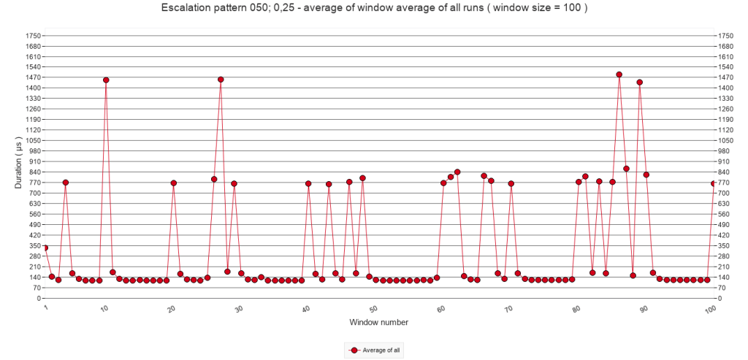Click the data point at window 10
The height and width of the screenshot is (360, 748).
click(106, 80)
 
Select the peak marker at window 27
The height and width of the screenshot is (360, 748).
click(221, 80)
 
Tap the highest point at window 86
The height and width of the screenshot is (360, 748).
click(619, 74)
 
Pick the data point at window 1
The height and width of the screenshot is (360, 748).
click(45, 248)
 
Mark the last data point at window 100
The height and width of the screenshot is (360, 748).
click(714, 183)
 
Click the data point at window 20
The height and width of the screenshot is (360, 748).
click(174, 183)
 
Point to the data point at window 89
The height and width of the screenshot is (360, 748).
click(639, 83)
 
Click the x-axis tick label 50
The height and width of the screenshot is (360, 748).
click(373, 309)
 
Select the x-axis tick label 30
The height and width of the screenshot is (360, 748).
click(238, 309)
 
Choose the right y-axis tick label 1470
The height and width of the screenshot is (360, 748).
click(725, 77)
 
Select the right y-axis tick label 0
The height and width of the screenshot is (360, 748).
click(720, 298)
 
